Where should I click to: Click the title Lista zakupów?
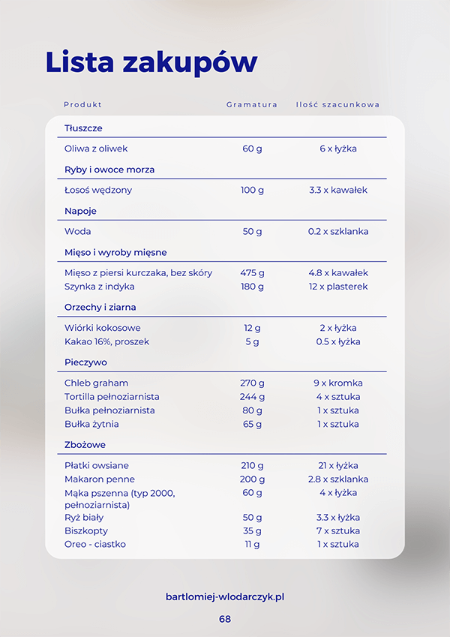coord(151,62)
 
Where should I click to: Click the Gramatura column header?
coord(252,105)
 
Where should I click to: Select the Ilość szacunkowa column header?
coord(337,105)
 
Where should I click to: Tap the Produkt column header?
coord(82,105)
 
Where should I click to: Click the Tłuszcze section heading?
coord(83,128)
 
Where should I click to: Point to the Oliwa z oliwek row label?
coord(94,149)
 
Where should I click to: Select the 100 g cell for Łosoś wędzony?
coord(252,190)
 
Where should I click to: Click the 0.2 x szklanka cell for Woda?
coord(338,231)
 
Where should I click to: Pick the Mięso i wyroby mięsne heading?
coord(115,252)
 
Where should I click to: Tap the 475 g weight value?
coord(252,273)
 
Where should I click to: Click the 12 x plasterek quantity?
coord(338,287)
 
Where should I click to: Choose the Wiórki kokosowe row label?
coord(102,328)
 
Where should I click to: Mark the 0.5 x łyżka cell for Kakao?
coord(338,341)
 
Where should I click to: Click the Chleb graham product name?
coord(96,383)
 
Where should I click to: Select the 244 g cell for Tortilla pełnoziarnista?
coord(252,396)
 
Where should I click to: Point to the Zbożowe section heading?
coord(85,445)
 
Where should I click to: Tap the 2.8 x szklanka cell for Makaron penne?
coord(338,479)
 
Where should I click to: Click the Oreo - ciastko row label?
coord(95,544)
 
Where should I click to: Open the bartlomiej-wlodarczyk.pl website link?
coord(225,597)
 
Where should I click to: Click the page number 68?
coord(225,619)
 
